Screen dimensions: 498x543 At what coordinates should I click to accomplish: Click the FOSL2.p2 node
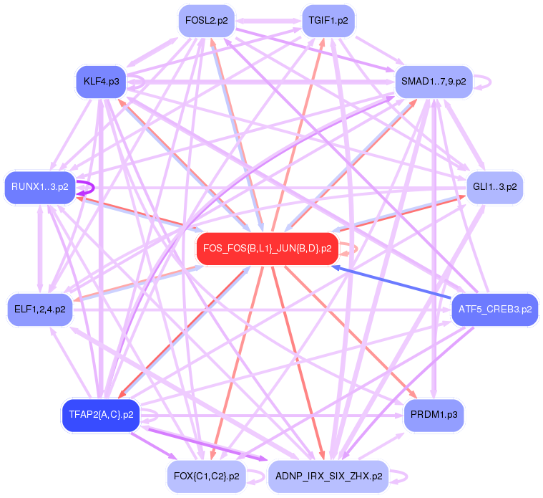pos(206,21)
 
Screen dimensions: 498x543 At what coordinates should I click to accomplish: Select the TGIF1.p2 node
pos(328,21)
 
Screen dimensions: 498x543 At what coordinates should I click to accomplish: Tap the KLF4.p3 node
pos(101,81)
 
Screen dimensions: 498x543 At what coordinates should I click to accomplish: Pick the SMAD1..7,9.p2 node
pos(434,82)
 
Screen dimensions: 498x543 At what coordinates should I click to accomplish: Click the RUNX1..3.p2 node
pos(40,188)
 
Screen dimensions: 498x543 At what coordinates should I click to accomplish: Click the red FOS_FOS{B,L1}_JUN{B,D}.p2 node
pos(267,249)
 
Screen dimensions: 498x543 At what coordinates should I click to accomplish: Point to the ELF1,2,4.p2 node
pos(40,310)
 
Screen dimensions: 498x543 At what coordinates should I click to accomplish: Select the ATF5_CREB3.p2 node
pos(494,310)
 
